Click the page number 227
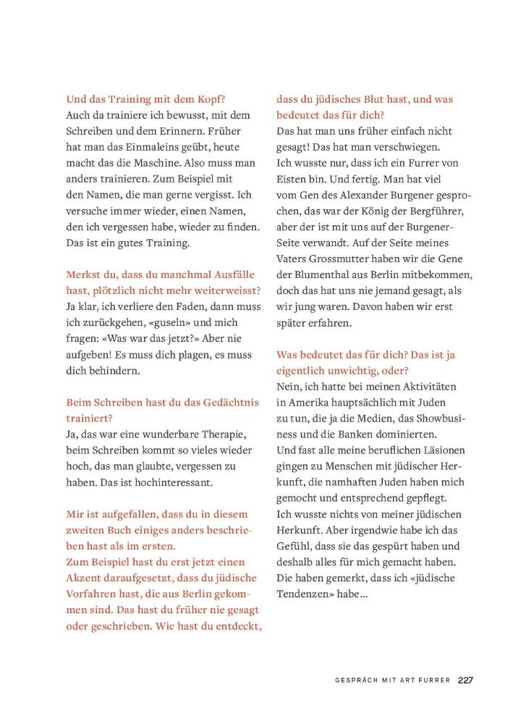[465, 680]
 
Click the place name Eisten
[293, 179]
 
